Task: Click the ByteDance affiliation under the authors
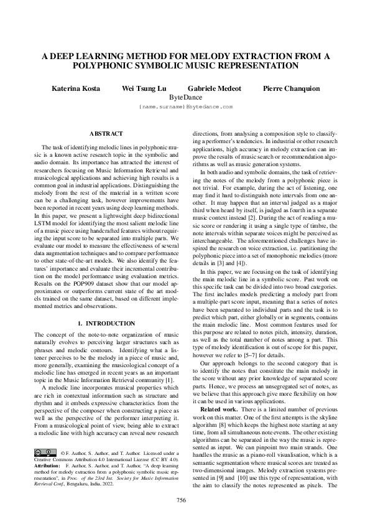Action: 185,98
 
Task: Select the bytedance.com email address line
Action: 185,107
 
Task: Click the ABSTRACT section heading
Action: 106,134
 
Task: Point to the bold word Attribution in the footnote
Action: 47,466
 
